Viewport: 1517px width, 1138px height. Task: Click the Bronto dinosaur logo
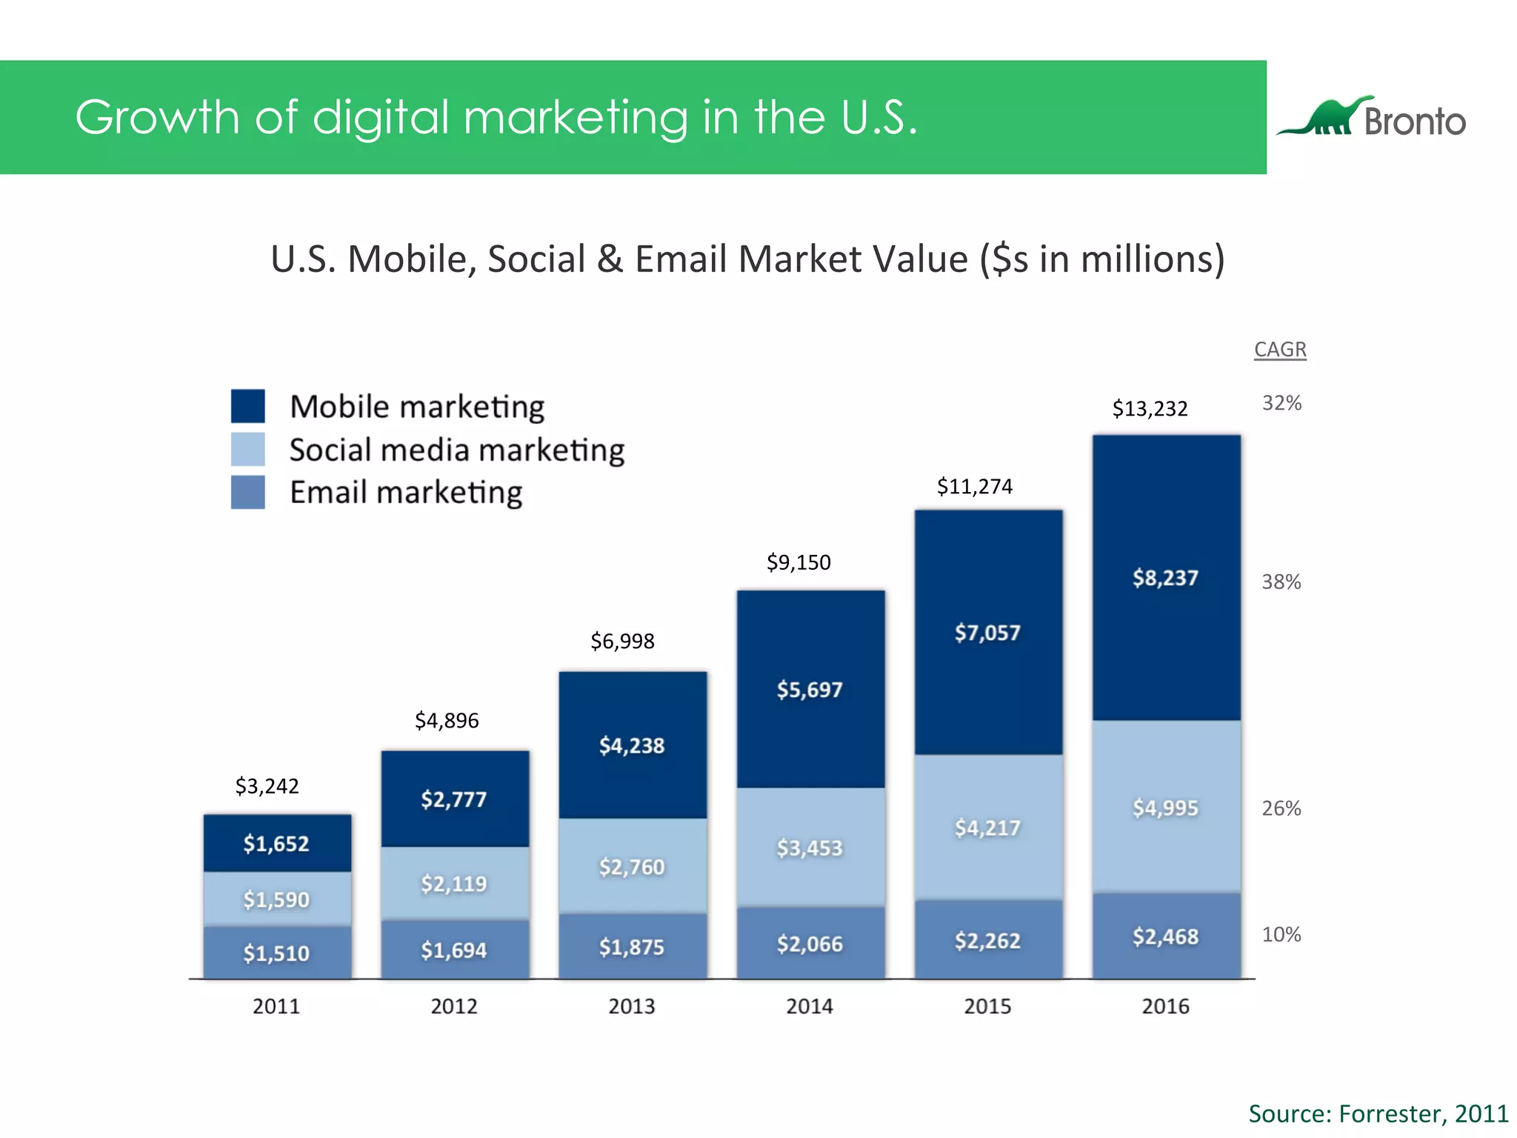click(x=1326, y=118)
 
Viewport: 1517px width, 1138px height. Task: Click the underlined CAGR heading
click(x=1280, y=349)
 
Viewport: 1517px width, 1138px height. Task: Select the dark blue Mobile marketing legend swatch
click(x=247, y=406)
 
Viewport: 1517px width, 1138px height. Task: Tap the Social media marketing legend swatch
click(x=247, y=449)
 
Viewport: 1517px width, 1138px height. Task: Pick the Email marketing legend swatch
click(x=247, y=492)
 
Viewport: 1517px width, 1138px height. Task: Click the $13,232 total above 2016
click(x=1150, y=408)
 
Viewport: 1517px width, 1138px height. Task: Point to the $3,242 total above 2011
click(x=267, y=785)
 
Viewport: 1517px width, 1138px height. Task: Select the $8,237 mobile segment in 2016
click(x=1165, y=578)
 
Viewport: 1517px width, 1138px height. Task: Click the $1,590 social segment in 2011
click(x=276, y=899)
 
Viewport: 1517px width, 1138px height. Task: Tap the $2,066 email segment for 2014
click(x=810, y=944)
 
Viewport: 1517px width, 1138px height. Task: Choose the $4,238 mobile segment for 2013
click(x=632, y=745)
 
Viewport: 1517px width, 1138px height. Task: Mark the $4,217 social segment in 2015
click(x=987, y=828)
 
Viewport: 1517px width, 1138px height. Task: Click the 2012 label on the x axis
click(x=454, y=1006)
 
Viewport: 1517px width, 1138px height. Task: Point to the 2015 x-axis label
click(x=987, y=1006)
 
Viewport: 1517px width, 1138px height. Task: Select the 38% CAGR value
click(x=1281, y=582)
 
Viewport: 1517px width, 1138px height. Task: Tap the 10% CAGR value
click(x=1281, y=934)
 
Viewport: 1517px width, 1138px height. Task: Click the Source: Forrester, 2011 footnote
click(x=1378, y=1114)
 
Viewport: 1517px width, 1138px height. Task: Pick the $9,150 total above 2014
click(x=798, y=562)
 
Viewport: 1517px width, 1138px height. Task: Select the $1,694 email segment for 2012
click(x=454, y=950)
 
